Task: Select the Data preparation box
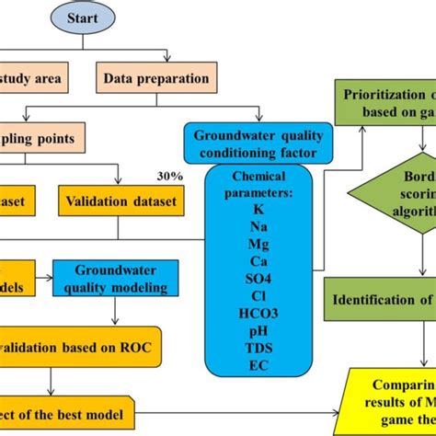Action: [x=156, y=78]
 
